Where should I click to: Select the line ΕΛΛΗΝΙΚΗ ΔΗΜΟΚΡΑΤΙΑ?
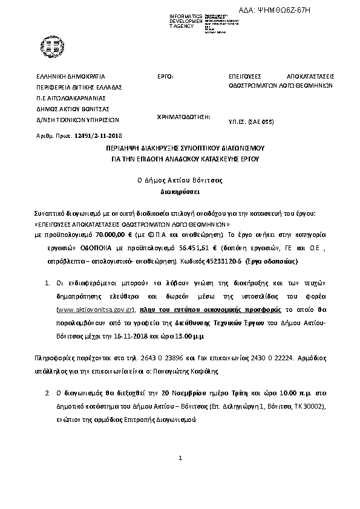[x=71, y=77]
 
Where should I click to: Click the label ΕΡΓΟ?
[x=165, y=77]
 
